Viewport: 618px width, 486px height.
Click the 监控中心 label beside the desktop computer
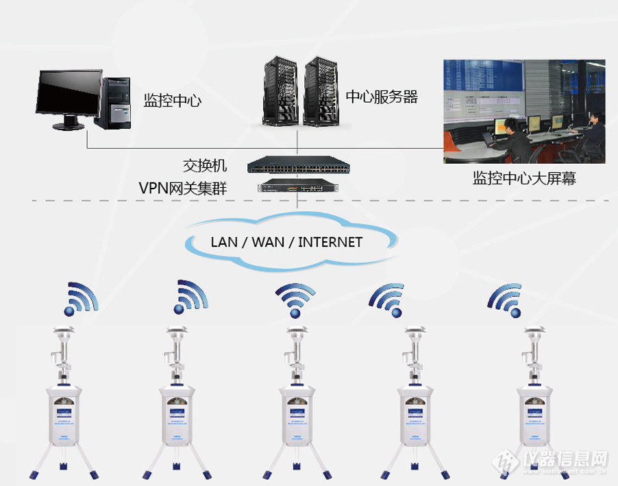[173, 101]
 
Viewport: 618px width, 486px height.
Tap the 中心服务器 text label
[382, 97]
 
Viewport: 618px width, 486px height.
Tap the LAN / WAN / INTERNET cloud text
[286, 242]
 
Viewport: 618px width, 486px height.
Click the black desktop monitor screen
[69, 93]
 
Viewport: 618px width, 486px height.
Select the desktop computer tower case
[114, 103]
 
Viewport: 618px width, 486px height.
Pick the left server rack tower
[281, 92]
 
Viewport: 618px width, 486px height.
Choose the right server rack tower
[321, 92]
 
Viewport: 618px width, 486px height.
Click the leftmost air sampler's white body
[64, 414]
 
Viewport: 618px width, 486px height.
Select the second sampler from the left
[179, 414]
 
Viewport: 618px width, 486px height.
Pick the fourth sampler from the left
[414, 414]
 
